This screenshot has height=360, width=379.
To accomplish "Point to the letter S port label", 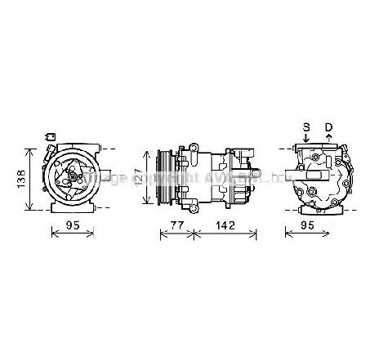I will (306, 127).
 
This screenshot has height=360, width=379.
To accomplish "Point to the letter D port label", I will (328, 127).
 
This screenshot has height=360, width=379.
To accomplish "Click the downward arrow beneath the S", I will (306, 140).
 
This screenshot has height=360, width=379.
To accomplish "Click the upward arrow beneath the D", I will (328, 140).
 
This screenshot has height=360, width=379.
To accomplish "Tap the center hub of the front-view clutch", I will (72, 175).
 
